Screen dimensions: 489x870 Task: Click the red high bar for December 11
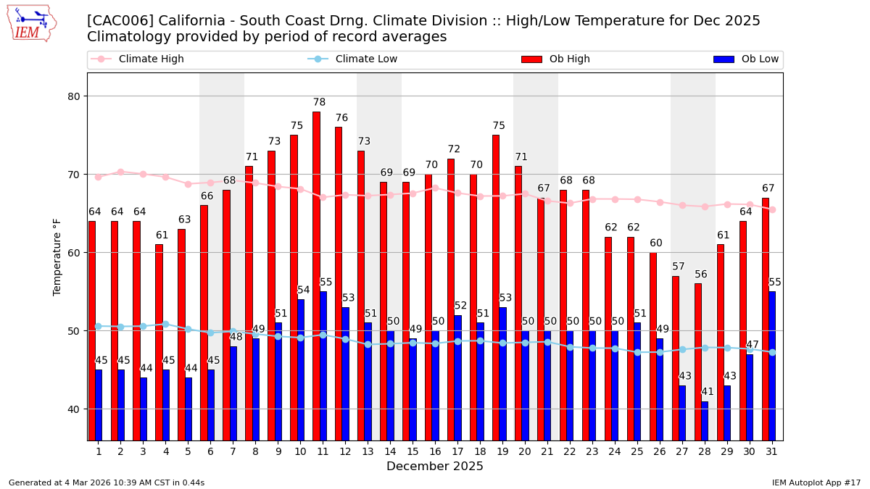click(316, 275)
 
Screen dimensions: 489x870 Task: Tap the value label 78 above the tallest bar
click(319, 103)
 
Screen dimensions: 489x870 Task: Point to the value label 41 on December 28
click(708, 392)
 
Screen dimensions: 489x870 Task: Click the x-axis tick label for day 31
click(771, 451)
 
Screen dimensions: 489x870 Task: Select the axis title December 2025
click(435, 467)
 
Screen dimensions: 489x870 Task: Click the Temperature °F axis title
click(57, 256)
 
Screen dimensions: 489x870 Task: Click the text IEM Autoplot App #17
click(816, 482)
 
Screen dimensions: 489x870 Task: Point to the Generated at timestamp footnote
click(107, 482)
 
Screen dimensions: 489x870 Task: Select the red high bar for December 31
click(766, 319)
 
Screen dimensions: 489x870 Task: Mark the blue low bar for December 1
click(99, 405)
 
